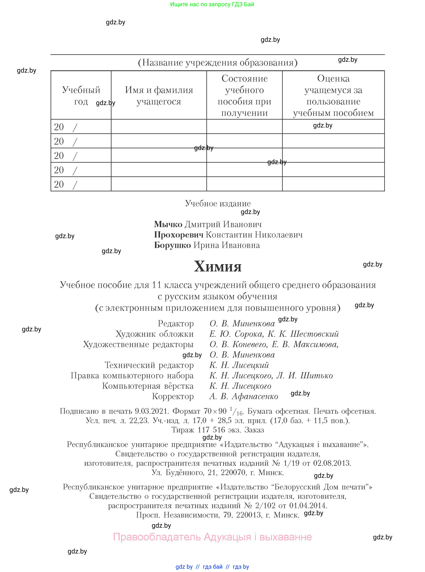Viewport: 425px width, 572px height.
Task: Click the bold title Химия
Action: (x=218, y=266)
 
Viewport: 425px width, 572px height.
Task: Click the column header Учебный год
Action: (x=81, y=95)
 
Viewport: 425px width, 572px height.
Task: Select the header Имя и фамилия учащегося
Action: (x=159, y=95)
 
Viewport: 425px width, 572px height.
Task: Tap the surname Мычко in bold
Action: (x=168, y=224)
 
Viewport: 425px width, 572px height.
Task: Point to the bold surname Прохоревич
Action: (x=178, y=235)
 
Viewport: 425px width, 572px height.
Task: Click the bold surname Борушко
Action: (x=172, y=245)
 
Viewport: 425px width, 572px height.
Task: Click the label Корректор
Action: (x=173, y=396)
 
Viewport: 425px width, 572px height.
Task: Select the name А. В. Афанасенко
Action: (x=244, y=396)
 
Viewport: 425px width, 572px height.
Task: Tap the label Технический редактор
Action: (x=149, y=365)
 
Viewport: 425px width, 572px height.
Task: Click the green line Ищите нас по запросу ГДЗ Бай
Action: (x=212, y=4)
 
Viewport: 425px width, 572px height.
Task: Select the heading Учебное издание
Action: (x=218, y=203)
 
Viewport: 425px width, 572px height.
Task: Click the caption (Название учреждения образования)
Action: (x=218, y=62)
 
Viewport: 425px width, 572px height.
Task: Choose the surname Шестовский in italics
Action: (x=314, y=334)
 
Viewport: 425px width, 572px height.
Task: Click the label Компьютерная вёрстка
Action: (x=148, y=386)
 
